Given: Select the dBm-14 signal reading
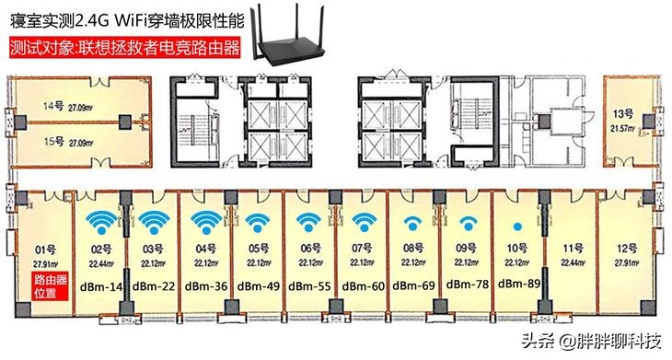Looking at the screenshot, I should click(x=103, y=286).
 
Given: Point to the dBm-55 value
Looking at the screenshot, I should click(x=311, y=286).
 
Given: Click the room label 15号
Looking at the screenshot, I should click(x=52, y=143).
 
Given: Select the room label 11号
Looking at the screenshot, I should click(x=574, y=249).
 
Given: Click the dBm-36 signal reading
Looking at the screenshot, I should click(x=206, y=286).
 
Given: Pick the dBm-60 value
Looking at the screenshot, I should click(x=363, y=286).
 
